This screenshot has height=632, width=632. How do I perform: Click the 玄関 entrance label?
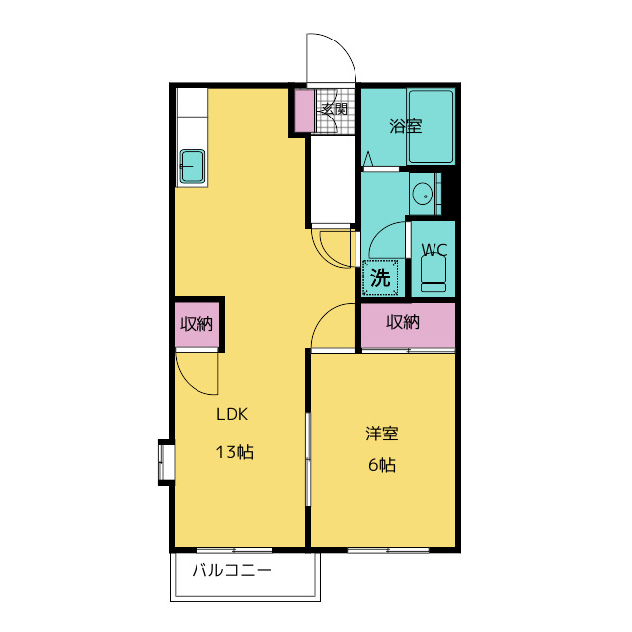point(334,109)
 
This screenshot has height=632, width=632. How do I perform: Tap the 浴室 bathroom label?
point(406,126)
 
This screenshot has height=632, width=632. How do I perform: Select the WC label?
point(434,250)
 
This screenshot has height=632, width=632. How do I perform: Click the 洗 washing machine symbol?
point(380,277)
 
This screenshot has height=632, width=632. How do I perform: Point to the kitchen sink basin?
point(193,166)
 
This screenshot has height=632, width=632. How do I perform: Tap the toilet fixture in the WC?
point(434,275)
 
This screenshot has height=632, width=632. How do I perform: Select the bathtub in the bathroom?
point(431,126)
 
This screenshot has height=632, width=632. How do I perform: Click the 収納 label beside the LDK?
point(197,324)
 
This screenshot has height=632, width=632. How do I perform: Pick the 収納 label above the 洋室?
point(403,322)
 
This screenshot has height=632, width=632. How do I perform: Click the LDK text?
point(232,414)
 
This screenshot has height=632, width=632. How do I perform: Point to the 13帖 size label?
point(235,452)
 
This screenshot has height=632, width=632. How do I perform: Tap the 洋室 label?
point(382,434)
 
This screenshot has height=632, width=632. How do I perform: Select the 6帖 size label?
point(382,465)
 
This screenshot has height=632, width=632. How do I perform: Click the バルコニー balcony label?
point(231,570)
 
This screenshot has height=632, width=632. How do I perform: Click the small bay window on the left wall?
point(166,462)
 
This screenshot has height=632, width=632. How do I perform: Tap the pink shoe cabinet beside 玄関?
point(304,111)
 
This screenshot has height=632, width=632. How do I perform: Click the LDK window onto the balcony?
point(234,550)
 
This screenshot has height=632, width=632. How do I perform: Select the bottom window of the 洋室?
point(388,550)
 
